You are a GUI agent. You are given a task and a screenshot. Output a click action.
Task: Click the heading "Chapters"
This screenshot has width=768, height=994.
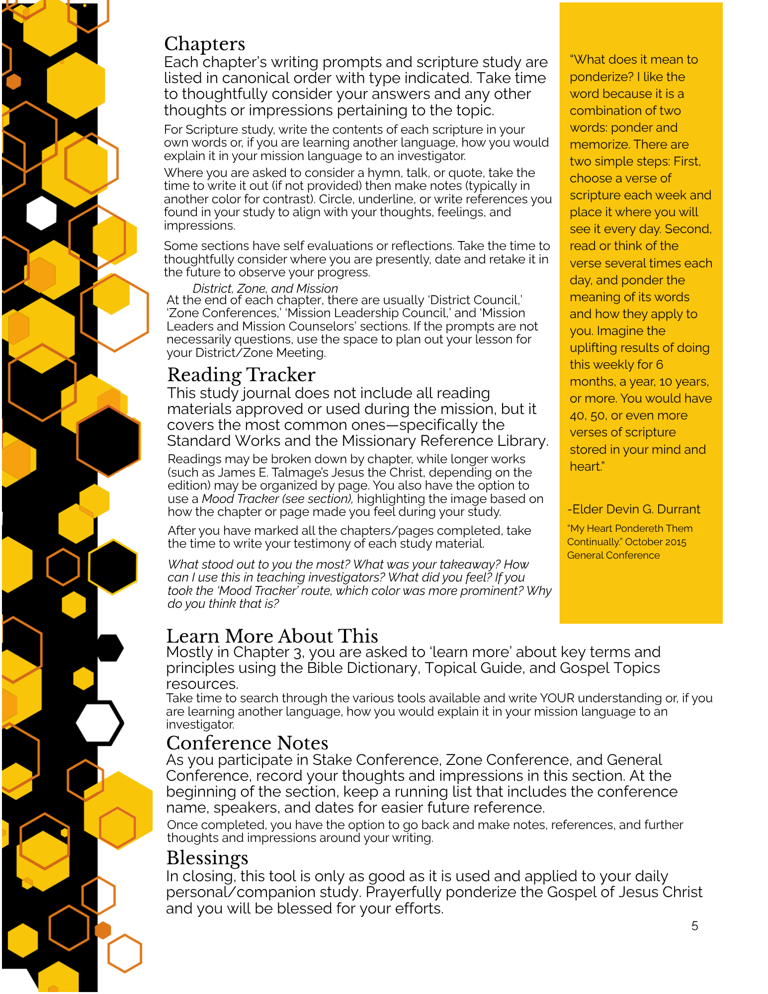tap(204, 44)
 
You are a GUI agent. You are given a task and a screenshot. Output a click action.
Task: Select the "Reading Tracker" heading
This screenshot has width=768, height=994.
tap(241, 375)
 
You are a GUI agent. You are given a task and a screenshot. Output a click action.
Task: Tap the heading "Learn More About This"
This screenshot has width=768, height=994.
tap(272, 636)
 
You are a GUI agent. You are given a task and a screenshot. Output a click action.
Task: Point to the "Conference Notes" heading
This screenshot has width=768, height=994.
tap(247, 743)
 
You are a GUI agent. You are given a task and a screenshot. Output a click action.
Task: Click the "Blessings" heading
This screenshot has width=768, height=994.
tap(207, 858)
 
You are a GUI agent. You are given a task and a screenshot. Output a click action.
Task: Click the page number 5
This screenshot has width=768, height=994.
tap(694, 926)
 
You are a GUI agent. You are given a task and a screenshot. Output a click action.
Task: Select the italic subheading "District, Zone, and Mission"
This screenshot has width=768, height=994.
tap(265, 289)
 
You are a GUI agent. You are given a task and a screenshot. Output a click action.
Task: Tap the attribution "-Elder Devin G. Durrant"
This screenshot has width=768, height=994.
tap(634, 509)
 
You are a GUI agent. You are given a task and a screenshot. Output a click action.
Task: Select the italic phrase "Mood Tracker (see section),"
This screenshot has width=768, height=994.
tap(277, 499)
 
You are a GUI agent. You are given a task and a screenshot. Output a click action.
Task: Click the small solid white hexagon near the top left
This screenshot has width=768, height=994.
tap(41, 213)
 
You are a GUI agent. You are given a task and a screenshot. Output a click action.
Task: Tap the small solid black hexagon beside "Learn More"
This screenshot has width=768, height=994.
tap(109, 648)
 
